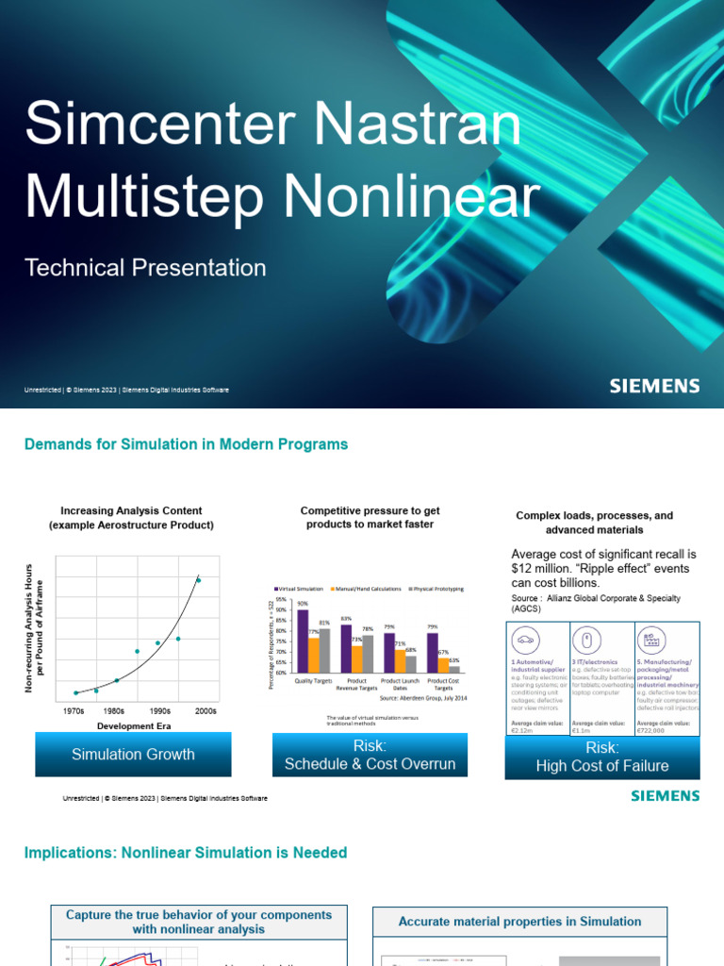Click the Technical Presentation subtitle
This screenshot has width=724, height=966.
tap(145, 268)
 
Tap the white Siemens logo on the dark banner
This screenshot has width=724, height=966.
tap(654, 386)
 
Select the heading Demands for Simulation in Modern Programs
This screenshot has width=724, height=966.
tap(186, 444)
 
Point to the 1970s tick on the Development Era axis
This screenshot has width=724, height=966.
tap(74, 711)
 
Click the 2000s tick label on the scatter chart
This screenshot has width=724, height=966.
tap(206, 711)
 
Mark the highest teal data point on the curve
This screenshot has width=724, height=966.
tap(198, 580)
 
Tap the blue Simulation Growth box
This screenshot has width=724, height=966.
tap(133, 755)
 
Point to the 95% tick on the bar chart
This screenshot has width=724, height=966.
tap(281, 600)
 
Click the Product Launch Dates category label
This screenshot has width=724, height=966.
tap(401, 684)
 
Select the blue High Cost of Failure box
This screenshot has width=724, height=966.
tap(601, 758)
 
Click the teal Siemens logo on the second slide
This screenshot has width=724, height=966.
tap(665, 795)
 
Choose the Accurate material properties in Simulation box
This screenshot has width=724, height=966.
tap(519, 922)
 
